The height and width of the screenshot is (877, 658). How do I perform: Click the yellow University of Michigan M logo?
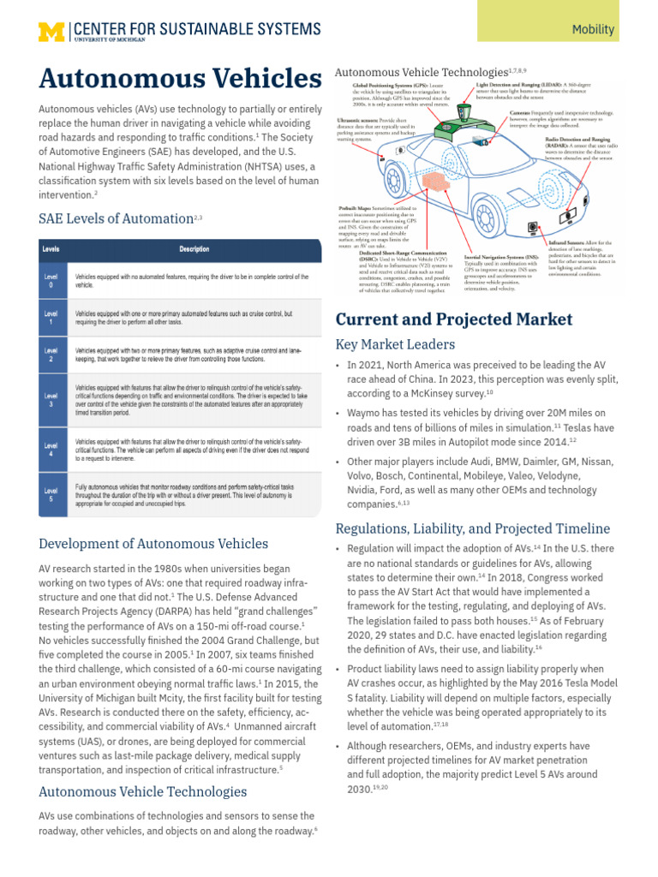51,31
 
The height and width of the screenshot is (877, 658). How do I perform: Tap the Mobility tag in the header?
593,29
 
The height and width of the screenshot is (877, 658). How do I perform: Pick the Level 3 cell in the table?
51,400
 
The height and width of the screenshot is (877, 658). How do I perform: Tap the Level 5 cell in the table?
51,495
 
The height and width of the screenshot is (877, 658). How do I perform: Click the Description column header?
194,249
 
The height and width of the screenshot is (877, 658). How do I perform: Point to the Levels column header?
51,249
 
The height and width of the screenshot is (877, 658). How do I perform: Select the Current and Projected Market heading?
453,319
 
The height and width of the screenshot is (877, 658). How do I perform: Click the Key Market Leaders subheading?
395,344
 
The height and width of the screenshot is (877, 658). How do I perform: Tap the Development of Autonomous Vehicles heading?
153,544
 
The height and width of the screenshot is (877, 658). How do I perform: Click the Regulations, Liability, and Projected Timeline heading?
472,528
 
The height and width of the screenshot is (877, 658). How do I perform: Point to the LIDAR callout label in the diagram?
514,87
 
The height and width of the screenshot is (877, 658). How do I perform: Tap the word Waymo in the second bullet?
366,413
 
